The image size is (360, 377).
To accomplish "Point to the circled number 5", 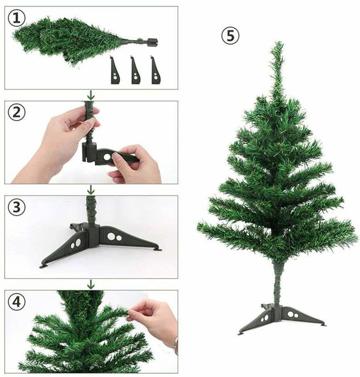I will click(230, 36).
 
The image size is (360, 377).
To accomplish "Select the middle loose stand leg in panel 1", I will click(136, 71).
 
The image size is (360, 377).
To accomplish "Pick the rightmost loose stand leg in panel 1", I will click(156, 71).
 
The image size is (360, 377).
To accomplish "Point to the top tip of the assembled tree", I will click(278, 44).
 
